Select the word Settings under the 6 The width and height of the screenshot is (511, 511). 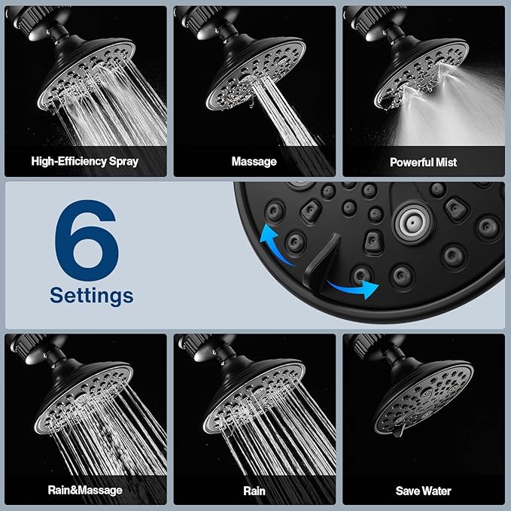91,295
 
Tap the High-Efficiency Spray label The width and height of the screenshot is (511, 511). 84,161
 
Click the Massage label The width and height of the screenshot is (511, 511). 254,161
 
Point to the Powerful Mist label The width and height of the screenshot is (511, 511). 423,161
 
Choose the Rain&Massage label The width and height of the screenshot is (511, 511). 84,491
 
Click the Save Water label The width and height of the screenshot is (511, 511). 423,491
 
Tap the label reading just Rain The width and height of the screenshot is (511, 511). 254,491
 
